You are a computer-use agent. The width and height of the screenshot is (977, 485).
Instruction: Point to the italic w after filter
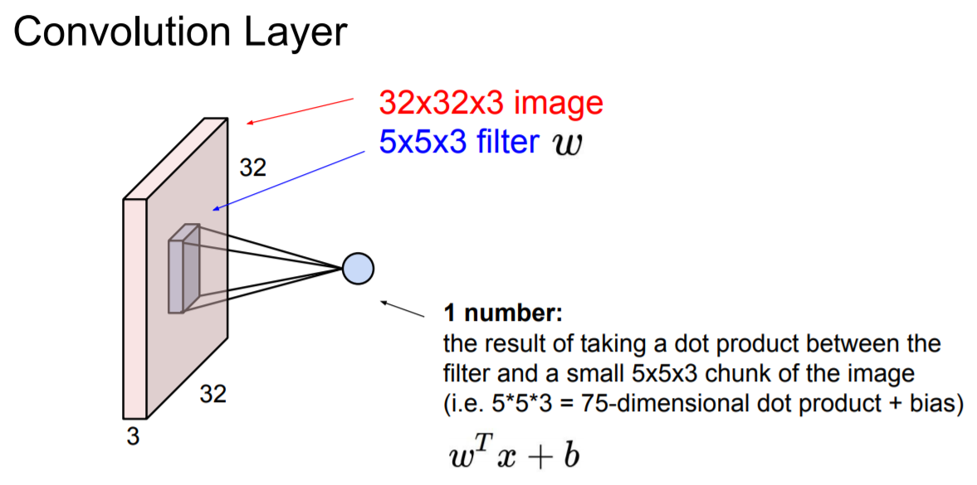567,144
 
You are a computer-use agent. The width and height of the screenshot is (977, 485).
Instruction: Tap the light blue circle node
358,268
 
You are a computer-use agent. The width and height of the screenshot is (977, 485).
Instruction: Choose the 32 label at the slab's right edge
253,167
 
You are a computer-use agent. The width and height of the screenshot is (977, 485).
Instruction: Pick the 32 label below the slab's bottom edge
213,395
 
